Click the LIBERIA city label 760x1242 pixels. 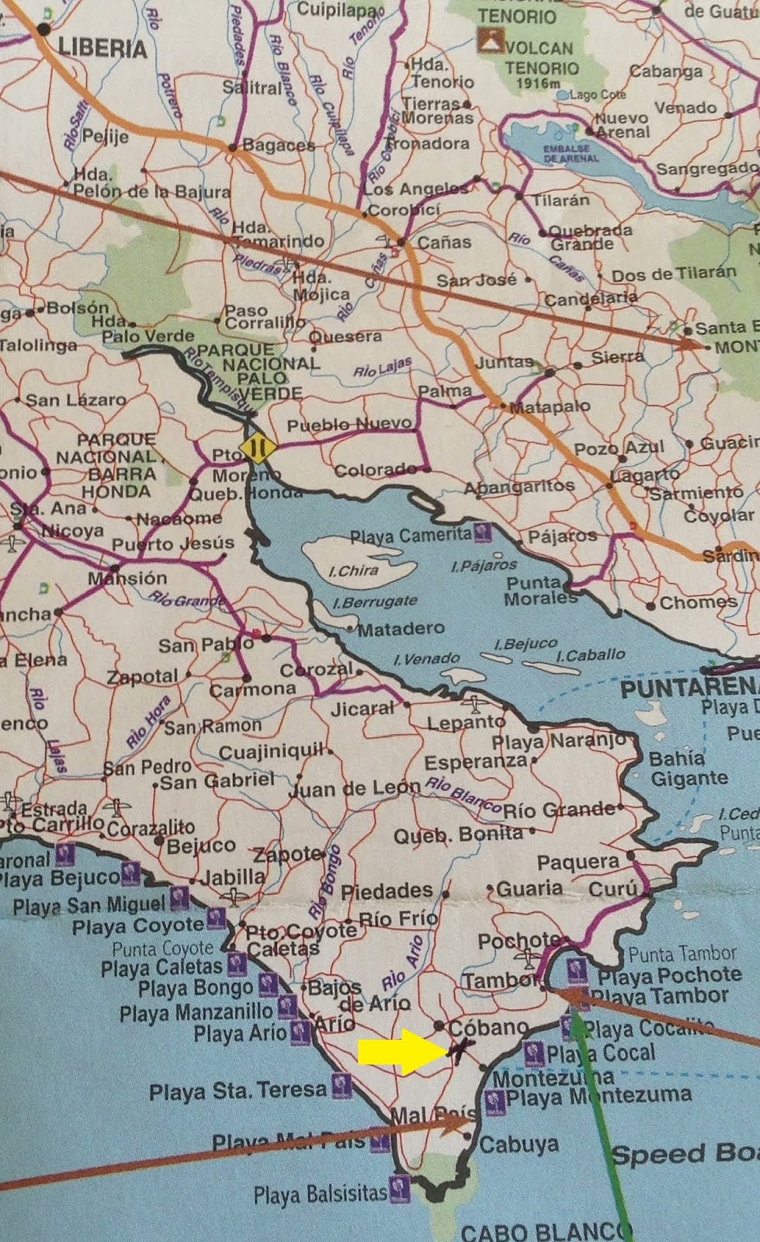(102, 49)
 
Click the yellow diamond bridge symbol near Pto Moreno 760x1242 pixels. (257, 448)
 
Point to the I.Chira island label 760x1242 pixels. (353, 571)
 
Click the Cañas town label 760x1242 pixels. (444, 242)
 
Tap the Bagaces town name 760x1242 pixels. (278, 145)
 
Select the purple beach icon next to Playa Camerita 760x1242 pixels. (483, 533)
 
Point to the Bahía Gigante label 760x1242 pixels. (688, 768)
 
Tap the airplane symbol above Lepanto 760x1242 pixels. (474, 705)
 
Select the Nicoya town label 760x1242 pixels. (71, 532)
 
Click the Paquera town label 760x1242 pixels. (578, 862)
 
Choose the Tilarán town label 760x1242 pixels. (560, 200)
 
